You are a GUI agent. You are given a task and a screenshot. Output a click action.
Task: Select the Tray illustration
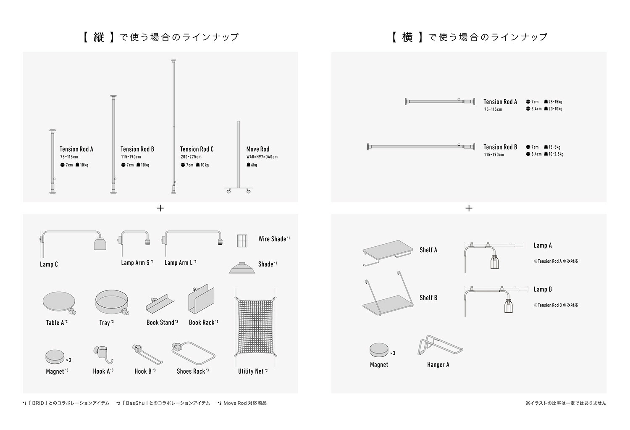tap(110, 302)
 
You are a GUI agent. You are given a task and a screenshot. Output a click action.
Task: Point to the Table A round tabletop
tap(58, 301)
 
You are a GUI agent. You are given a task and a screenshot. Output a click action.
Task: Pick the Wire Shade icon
tap(242, 241)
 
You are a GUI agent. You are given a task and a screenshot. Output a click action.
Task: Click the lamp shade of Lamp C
tap(99, 244)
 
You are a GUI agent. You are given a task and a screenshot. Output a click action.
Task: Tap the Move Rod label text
tap(257, 149)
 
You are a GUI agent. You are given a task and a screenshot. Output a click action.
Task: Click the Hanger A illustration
tap(439, 346)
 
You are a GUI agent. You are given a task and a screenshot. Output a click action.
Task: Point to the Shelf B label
tap(428, 298)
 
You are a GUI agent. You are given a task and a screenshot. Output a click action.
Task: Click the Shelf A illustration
tap(385, 251)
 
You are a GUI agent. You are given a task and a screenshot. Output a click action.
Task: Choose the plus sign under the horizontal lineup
tap(469, 208)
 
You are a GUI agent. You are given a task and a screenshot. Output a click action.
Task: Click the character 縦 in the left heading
tap(99, 37)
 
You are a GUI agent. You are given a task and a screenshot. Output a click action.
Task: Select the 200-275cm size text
tap(191, 157)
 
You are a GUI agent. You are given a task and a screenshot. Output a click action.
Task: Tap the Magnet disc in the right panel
tap(379, 350)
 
